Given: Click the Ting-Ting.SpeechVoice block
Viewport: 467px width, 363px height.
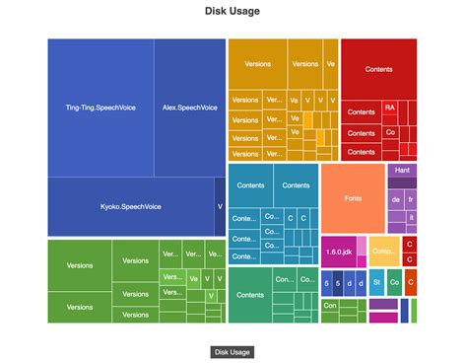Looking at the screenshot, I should tap(100, 107).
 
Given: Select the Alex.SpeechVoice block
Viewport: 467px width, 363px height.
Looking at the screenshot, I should tap(189, 107).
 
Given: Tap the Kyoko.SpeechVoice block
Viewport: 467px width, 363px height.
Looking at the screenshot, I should tap(130, 206).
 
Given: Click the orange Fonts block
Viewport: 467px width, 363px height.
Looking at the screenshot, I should tap(353, 198).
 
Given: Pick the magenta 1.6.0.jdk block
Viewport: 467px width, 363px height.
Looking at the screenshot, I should tap(338, 252).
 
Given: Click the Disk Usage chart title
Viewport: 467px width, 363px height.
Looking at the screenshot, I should tap(233, 12).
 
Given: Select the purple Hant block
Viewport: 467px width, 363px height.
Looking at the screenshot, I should tap(402, 170).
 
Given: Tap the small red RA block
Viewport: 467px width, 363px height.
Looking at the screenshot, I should tap(390, 107).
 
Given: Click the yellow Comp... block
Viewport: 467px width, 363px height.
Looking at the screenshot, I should tap(383, 251).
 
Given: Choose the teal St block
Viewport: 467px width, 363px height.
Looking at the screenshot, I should tap(377, 282).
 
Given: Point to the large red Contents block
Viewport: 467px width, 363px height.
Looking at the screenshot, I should tap(378, 69).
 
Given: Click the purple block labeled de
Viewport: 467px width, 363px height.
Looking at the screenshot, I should tap(395, 199).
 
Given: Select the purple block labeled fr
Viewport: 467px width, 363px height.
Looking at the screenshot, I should tap(411, 199).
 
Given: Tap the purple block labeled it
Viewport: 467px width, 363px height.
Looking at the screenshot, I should tap(411, 216).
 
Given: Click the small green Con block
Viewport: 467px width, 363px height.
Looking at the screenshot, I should tap(329, 305).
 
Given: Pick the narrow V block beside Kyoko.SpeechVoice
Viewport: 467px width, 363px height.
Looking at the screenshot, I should tap(219, 206).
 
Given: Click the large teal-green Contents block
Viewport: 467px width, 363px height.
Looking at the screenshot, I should tap(250, 294).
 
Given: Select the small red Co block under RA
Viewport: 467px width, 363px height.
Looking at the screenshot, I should tap(390, 132).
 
